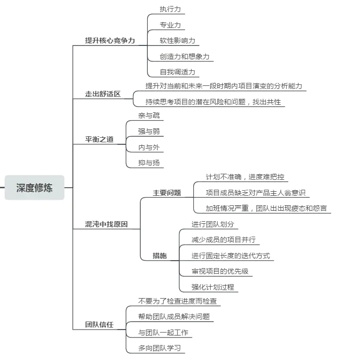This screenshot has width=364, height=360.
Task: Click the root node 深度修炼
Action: coord(34,188)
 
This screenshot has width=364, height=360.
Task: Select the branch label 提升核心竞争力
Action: coord(110,40)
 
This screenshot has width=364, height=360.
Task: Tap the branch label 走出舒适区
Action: coord(103,94)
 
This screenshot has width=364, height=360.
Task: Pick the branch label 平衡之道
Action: coord(99,139)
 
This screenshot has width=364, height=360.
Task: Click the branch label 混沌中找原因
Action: coord(106,224)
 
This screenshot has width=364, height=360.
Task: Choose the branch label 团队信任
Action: coord(99,325)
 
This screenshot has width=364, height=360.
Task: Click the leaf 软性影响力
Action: coord(177,40)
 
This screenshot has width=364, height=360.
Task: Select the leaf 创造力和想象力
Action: coord(184,56)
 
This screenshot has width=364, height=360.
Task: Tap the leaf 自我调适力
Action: coord(177,72)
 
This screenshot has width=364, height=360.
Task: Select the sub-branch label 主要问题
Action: coord(167,193)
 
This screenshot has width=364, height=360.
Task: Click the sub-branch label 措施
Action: coord(160,256)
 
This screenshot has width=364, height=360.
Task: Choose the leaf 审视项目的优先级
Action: coord(220,272)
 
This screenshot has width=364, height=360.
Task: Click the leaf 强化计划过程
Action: coord(213,287)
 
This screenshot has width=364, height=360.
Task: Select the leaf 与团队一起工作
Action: coord(163,332)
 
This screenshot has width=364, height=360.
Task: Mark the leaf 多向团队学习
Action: coord(160,348)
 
